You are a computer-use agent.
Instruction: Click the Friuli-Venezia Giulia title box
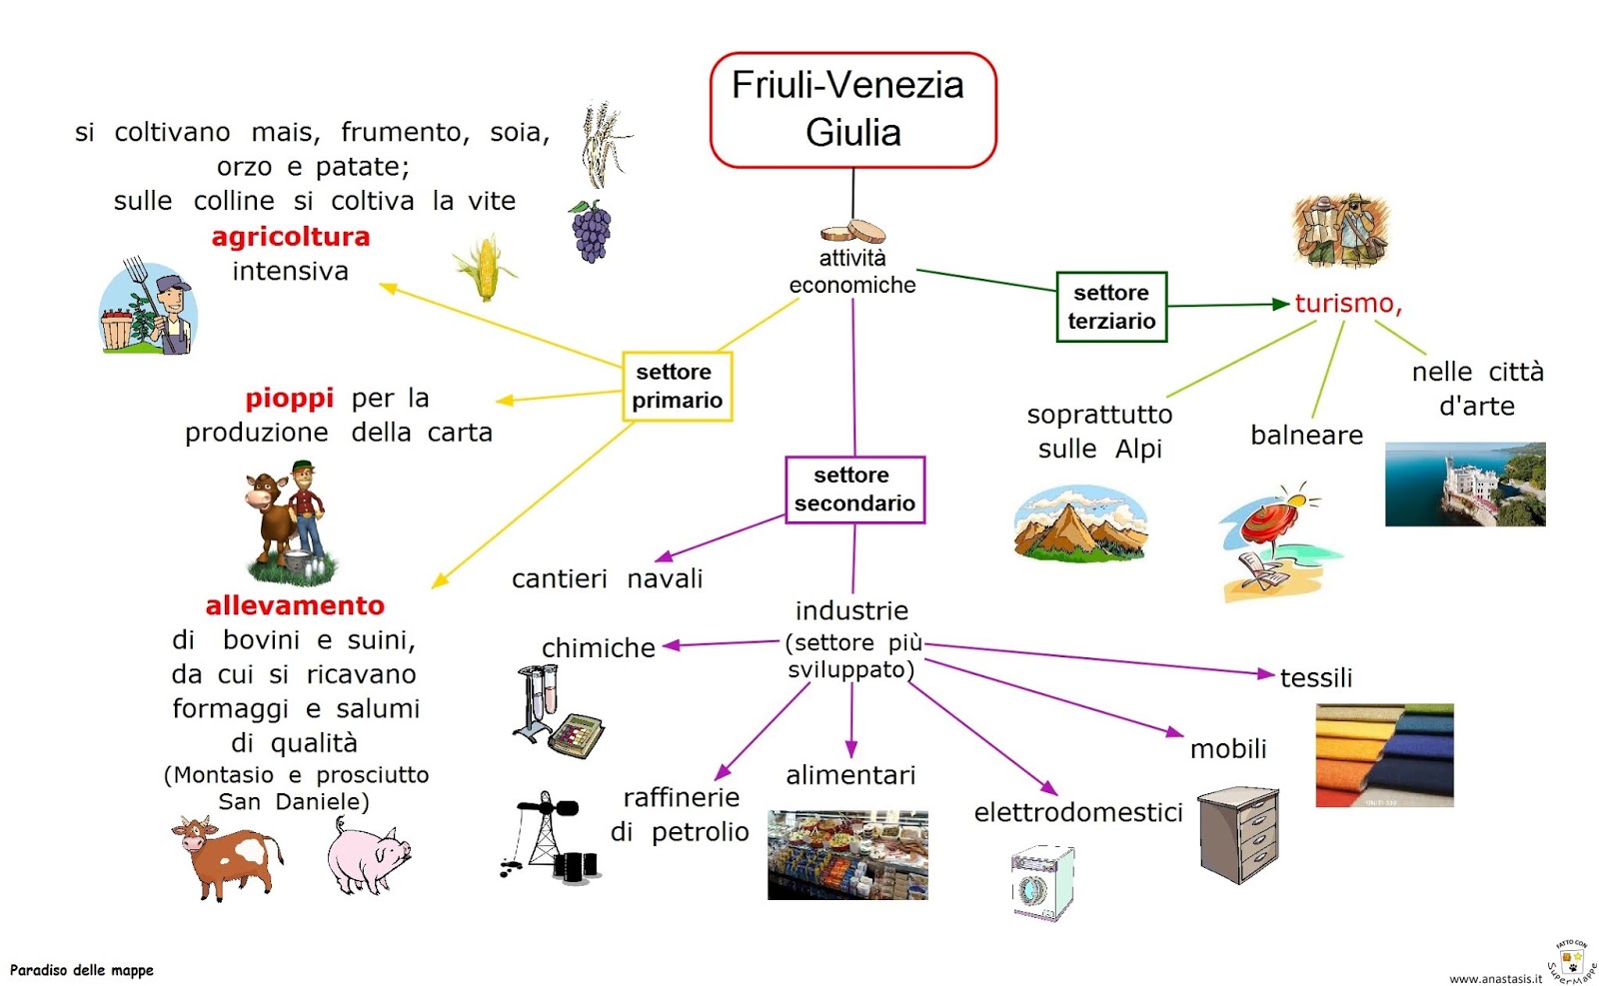pyautogui.click(x=852, y=110)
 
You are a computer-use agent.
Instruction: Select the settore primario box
pyautogui.click(x=677, y=386)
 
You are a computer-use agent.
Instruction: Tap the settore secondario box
pyautogui.click(x=854, y=490)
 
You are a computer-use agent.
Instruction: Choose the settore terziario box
pyautogui.click(x=1111, y=307)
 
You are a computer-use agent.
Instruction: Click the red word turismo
pyautogui.click(x=1346, y=304)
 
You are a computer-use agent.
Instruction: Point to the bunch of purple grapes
pyautogui.click(x=591, y=232)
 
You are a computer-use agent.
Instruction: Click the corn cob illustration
pyautogui.click(x=485, y=268)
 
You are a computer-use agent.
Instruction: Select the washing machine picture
pyautogui.click(x=1042, y=883)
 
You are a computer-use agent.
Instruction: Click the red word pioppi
pyautogui.click(x=289, y=399)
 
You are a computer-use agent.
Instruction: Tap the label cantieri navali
pyautogui.click(x=607, y=579)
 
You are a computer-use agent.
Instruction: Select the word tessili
pyautogui.click(x=1315, y=678)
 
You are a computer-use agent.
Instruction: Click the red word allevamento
pyautogui.click(x=295, y=606)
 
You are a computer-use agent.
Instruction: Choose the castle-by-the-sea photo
pyautogui.click(x=1464, y=485)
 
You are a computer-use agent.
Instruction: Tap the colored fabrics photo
pyautogui.click(x=1384, y=755)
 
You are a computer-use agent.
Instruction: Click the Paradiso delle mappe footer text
pyautogui.click(x=82, y=970)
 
